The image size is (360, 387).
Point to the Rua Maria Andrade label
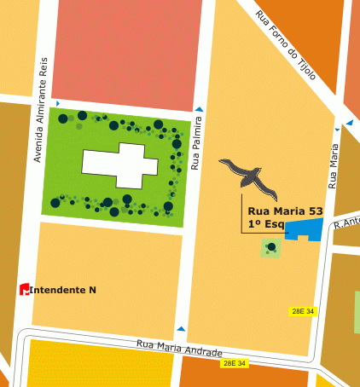pyautogui.click(x=180, y=348)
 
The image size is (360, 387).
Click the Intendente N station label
pyautogui.click(x=63, y=290)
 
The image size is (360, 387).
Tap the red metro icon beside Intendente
pyautogui.click(x=25, y=290)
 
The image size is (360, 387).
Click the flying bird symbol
pyautogui.click(x=249, y=175)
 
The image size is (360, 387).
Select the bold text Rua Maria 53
pyautogui.click(x=285, y=210)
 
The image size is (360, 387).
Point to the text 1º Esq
pyautogui.click(x=266, y=223)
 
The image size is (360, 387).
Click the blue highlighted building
pyautogui.click(x=305, y=229)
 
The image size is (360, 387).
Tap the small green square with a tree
pyautogui.click(x=270, y=248)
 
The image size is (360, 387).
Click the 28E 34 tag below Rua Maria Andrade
pyautogui.click(x=234, y=363)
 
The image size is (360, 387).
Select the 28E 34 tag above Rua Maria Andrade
pyautogui.click(x=303, y=312)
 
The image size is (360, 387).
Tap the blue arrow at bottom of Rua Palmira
pyautogui.click(x=180, y=328)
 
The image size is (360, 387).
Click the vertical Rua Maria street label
pyautogui.click(x=334, y=165)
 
